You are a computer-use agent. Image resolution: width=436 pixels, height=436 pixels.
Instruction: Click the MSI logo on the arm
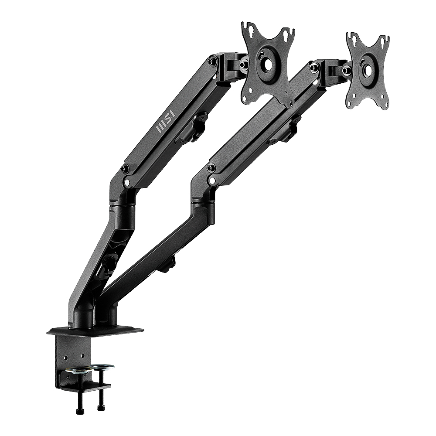[165, 122]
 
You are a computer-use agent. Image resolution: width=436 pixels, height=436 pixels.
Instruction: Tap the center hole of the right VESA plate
[367, 70]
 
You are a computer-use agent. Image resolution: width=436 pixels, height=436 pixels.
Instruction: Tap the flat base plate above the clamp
[95, 330]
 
